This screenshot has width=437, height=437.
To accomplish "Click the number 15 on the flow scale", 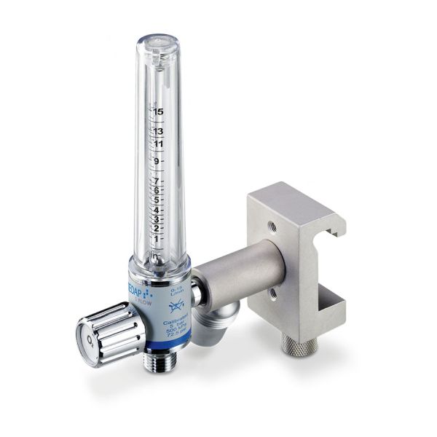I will [x=158, y=112].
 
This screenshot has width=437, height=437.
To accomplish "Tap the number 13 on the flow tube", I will [x=158, y=131].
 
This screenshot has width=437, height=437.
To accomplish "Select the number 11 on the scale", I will [x=158, y=144].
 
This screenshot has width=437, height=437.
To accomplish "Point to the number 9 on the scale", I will [x=157, y=162].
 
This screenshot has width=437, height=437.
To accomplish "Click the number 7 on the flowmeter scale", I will [x=157, y=181].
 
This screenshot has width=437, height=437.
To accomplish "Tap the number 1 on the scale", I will [x=157, y=237].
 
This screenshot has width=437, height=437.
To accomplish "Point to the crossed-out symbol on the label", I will [x=175, y=307].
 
